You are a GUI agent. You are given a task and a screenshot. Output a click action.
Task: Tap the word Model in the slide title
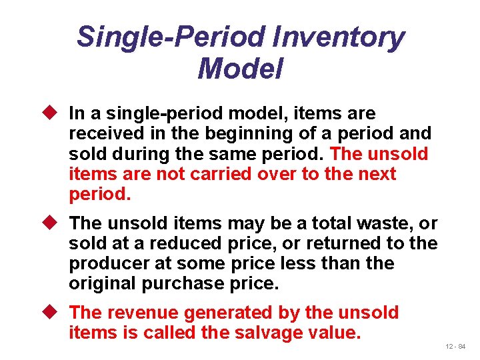(240, 69)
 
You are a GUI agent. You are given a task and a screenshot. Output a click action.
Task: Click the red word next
(377, 174)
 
